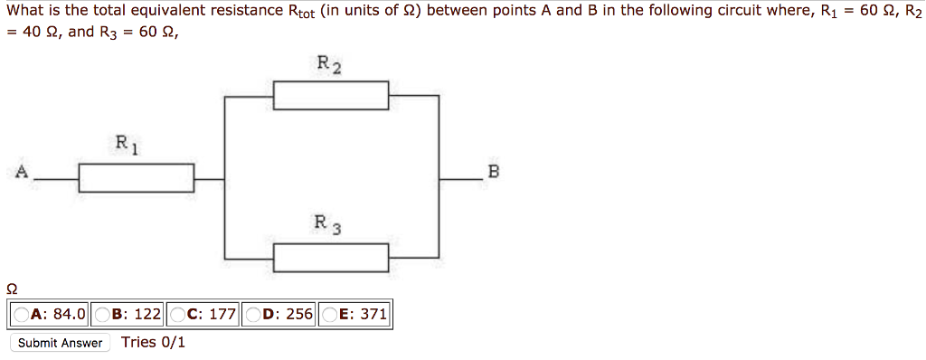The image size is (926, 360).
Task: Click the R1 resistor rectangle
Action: tap(137, 178)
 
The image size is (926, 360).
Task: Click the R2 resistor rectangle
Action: tap(331, 95)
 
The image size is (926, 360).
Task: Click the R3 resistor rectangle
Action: tap(331, 258)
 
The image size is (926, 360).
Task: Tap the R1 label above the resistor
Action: tap(126, 144)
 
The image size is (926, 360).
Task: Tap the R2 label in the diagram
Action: tap(329, 64)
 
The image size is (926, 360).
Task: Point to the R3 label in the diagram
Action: tap(326, 223)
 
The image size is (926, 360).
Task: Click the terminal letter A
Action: tap(21, 172)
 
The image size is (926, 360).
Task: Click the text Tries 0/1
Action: tap(153, 342)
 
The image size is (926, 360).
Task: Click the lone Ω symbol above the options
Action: tap(11, 289)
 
